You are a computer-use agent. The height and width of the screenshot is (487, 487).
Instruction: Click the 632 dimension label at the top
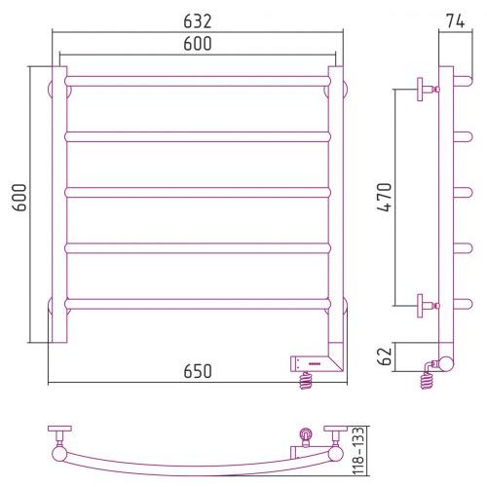(198, 21)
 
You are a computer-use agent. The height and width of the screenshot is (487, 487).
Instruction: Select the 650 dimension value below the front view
(198, 371)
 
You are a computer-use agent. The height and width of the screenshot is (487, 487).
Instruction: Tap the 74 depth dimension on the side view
(455, 21)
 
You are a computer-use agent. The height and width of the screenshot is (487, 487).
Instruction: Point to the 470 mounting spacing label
(385, 197)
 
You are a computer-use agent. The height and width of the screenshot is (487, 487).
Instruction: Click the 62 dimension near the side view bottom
(385, 356)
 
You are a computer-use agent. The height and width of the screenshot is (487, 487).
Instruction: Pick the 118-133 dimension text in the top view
(359, 451)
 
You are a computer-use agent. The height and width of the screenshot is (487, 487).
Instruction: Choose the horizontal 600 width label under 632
(198, 44)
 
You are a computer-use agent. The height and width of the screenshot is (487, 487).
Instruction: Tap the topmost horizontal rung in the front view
(198, 81)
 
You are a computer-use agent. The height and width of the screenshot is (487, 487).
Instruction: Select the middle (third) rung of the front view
(198, 193)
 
